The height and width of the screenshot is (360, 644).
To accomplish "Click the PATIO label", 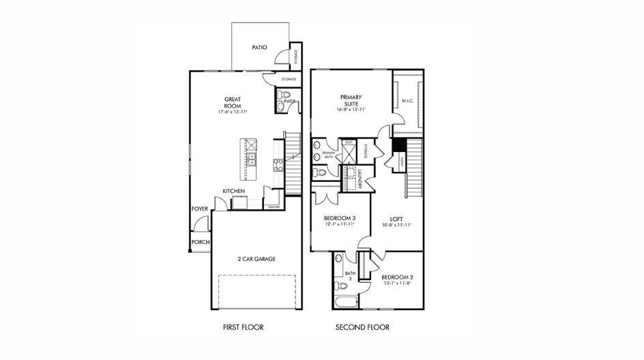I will pos(259,48).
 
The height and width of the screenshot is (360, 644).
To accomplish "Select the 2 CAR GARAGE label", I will pos(257,260).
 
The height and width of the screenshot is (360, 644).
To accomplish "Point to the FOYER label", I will pos(199,209).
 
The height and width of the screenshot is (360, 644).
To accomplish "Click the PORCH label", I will pos(200,242).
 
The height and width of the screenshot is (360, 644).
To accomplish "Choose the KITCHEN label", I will pos(234,191).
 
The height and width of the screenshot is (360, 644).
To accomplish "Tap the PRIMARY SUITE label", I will pos(351,100).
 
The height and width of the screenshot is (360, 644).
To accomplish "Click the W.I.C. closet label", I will pos(408,101).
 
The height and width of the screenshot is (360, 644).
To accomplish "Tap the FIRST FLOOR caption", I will pos(243,327).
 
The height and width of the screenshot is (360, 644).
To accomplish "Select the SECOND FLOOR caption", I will pos(362,327).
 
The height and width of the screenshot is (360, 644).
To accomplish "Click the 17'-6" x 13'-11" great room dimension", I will pos(233,111).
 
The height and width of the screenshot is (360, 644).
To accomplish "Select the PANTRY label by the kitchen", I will pos(274,206).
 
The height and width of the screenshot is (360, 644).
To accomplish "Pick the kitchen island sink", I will pos(251,160).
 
